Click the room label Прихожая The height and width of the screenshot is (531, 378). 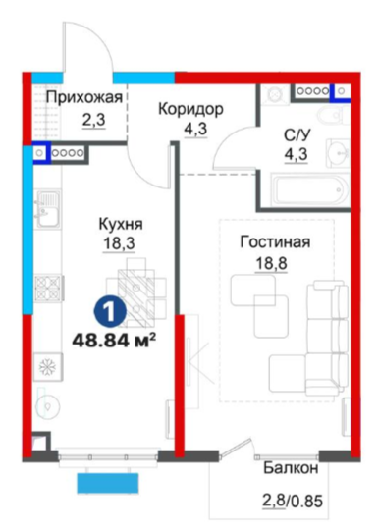tap(84, 98)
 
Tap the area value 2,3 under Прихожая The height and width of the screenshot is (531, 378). tap(94, 120)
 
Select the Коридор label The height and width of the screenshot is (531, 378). tap(191, 109)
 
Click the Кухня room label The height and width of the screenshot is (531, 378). tap(121, 224)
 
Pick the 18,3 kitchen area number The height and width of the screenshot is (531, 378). tap(119, 243)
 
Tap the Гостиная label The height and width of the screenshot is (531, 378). tap(275, 242)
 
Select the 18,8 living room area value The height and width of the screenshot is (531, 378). tap(271, 262)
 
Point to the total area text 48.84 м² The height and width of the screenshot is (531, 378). tap(115, 340)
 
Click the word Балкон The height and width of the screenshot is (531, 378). tap(291, 468)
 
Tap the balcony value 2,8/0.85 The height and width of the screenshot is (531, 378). tap(293, 501)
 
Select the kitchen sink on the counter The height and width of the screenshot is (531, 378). tap(48, 209)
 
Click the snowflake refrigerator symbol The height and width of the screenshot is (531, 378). tap(48, 366)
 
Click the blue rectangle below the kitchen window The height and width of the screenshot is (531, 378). tap(108, 483)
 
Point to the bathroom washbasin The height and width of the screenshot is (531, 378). tap(339, 154)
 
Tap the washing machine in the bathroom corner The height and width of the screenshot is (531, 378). tap(275, 93)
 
